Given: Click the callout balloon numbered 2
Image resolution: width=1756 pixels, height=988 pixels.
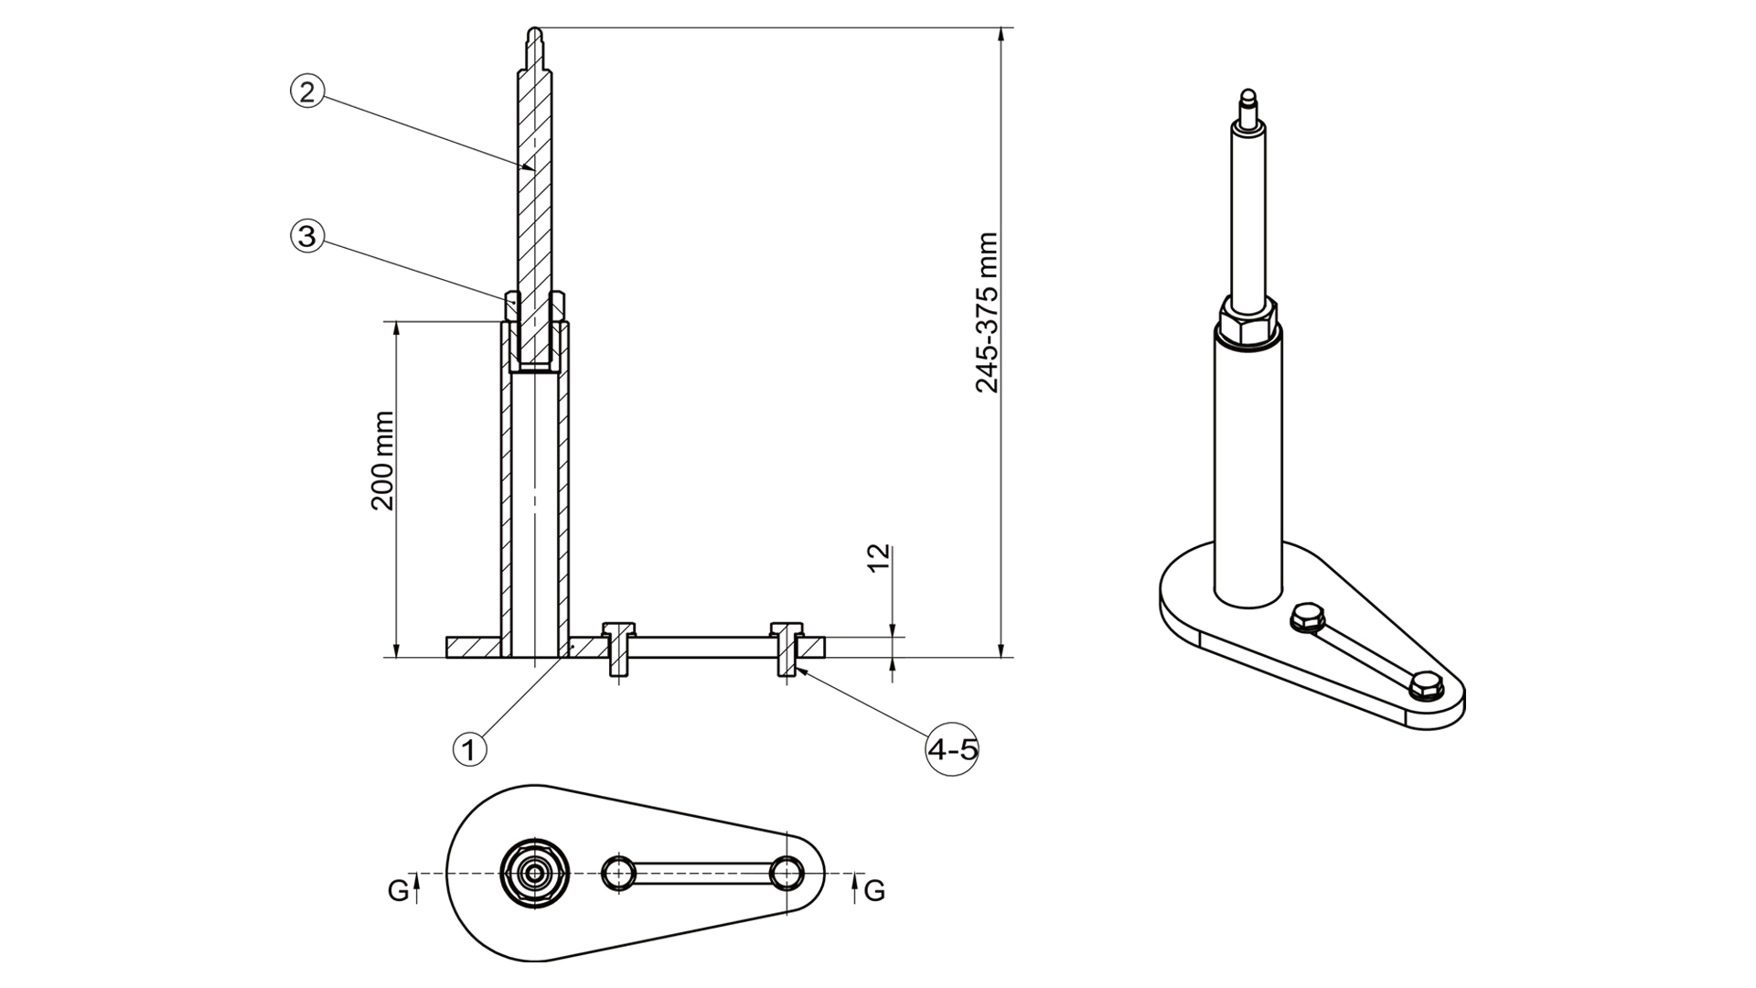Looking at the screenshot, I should [307, 91].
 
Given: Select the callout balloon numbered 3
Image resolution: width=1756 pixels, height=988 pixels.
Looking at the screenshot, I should [307, 237].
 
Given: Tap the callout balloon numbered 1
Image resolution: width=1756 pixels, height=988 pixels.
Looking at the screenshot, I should [469, 750].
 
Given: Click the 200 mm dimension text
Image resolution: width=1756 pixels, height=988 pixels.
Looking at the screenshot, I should [382, 460].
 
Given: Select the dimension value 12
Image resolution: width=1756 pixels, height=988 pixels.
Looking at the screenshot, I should [878, 558].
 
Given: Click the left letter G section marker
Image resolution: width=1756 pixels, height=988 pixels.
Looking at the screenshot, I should [398, 889].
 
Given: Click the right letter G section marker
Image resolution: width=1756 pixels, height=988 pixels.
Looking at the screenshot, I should [874, 889].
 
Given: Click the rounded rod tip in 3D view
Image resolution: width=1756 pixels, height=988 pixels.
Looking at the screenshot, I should [1247, 96].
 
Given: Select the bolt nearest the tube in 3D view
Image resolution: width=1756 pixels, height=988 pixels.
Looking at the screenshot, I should [1309, 617].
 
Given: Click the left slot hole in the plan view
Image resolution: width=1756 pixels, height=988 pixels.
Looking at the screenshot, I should [619, 873].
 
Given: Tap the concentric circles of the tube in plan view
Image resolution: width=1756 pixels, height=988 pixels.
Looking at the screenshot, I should [535, 873].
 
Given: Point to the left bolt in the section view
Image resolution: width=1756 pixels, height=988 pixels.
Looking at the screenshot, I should [618, 649].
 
